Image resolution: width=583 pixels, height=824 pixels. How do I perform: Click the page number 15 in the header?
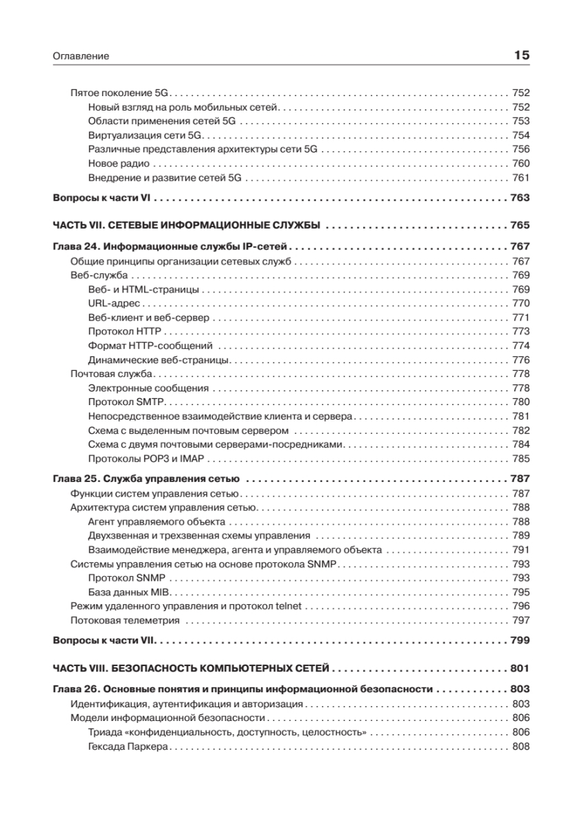(x=522, y=56)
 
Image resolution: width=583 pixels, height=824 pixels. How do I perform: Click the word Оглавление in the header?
(x=81, y=56)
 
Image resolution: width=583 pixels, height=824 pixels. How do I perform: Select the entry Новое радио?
(x=119, y=164)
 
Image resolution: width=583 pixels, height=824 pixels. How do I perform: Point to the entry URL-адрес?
(x=114, y=304)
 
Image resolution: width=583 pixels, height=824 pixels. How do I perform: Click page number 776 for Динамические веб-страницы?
(x=521, y=360)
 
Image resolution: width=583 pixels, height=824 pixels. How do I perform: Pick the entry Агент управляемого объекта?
(x=148, y=522)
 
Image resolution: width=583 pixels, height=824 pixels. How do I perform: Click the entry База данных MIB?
(x=128, y=592)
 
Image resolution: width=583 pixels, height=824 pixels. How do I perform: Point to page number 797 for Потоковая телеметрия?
(x=521, y=620)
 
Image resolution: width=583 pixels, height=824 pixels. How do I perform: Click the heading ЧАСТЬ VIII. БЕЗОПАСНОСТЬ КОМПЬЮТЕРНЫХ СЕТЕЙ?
(x=192, y=668)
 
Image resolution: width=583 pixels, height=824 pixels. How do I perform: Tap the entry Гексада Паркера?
(x=128, y=747)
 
